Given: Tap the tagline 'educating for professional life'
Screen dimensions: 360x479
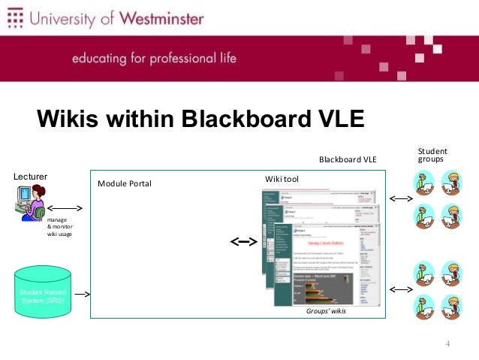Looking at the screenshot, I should click(153, 58).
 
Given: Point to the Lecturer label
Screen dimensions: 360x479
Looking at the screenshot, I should click(31, 176).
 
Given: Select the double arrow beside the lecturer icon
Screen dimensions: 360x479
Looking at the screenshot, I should click(65, 207).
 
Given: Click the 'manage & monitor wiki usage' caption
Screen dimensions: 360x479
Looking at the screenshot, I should click(60, 227).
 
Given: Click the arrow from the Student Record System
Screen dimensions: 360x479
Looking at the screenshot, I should click(83, 295).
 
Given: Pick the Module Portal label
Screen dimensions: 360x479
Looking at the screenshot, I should click(125, 183).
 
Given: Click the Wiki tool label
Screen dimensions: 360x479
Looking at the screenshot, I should click(282, 179).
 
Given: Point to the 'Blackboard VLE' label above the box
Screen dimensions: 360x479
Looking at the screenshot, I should click(348, 159).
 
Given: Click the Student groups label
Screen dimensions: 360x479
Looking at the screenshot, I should click(432, 156).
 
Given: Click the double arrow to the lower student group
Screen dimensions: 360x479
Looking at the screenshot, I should click(400, 289).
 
